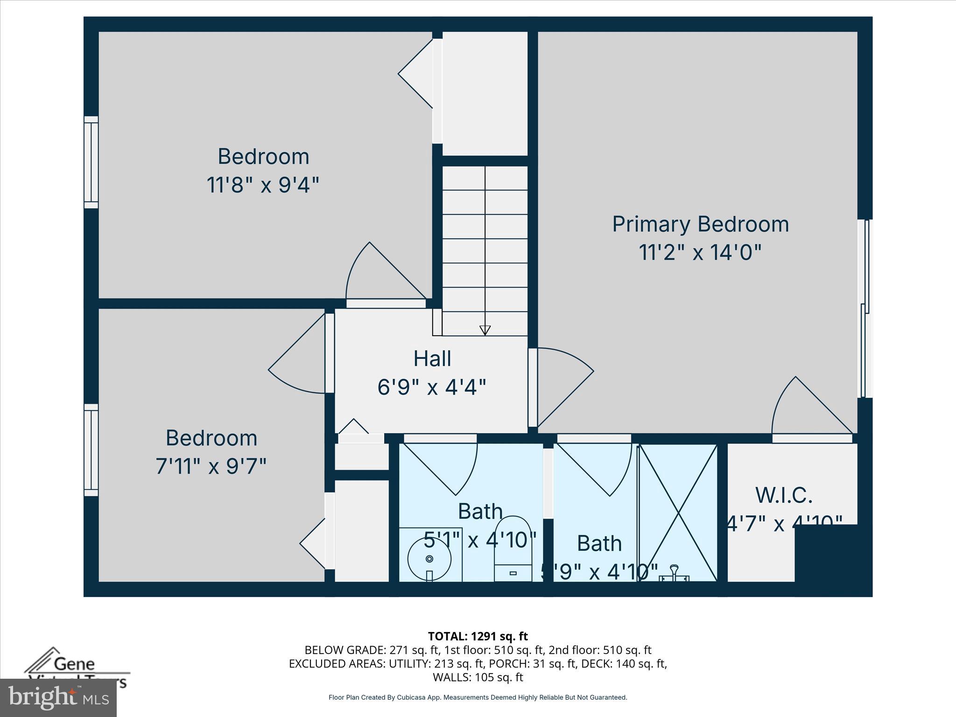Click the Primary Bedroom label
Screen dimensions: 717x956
click(700, 224)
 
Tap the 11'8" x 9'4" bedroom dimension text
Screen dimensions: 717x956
click(263, 185)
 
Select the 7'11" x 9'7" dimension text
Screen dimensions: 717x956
click(211, 466)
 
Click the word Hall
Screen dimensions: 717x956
click(432, 358)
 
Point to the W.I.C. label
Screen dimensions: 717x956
click(784, 495)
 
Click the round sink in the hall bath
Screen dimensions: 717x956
click(429, 559)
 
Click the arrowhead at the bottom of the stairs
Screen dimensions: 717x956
click(485, 330)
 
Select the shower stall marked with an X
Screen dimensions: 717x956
click(678, 513)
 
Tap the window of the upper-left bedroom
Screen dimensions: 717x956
click(91, 162)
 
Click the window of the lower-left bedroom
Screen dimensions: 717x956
click(91, 450)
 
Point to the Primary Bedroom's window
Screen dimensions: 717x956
click(865, 308)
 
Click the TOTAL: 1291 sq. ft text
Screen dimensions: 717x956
click(478, 636)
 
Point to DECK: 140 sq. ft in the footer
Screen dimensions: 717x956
click(639, 663)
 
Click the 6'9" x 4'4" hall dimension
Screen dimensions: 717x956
click(432, 387)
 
